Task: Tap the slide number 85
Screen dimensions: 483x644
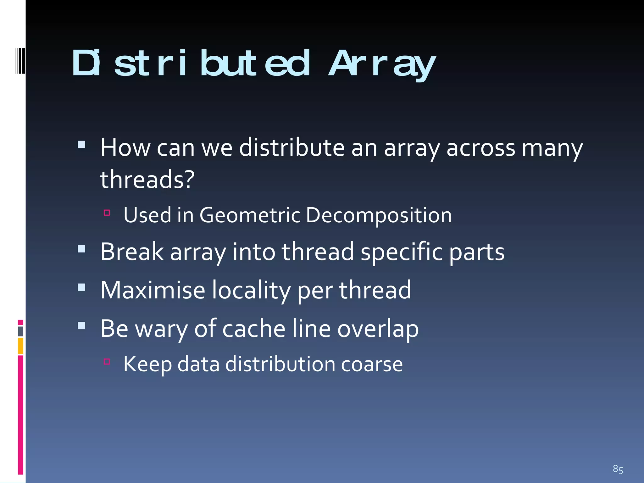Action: pos(618,469)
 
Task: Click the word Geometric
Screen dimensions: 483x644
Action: pos(250,215)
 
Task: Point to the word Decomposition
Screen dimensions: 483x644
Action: pos(379,216)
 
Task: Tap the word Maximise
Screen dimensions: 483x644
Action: pos(153,290)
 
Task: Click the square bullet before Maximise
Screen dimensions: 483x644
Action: pos(81,287)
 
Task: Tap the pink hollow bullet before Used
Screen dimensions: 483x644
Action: pos(107,213)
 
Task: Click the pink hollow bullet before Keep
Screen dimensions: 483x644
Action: pos(107,362)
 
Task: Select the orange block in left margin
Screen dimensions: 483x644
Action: pos(20,346)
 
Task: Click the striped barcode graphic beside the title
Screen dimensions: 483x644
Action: pos(20,61)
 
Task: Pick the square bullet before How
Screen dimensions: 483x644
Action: pos(81,144)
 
